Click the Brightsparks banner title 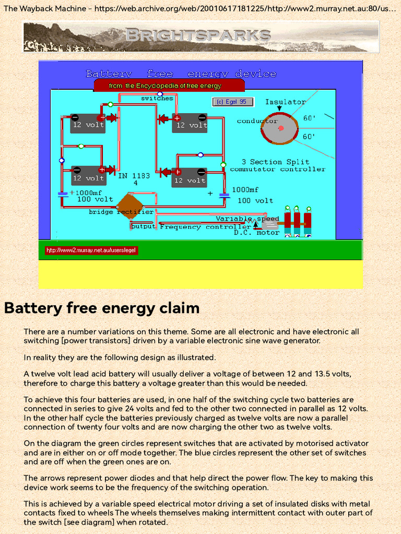(198, 35)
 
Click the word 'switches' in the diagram (157, 98)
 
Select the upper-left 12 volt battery (88, 124)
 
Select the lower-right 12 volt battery (190, 178)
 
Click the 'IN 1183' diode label (135, 176)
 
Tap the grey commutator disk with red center (280, 129)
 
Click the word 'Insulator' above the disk (285, 102)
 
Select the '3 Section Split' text (275, 162)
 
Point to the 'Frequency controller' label (205, 227)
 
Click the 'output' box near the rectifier (143, 226)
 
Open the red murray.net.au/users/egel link (91, 250)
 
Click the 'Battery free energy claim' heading (102, 308)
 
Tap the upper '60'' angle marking (309, 118)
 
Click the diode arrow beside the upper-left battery (111, 118)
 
